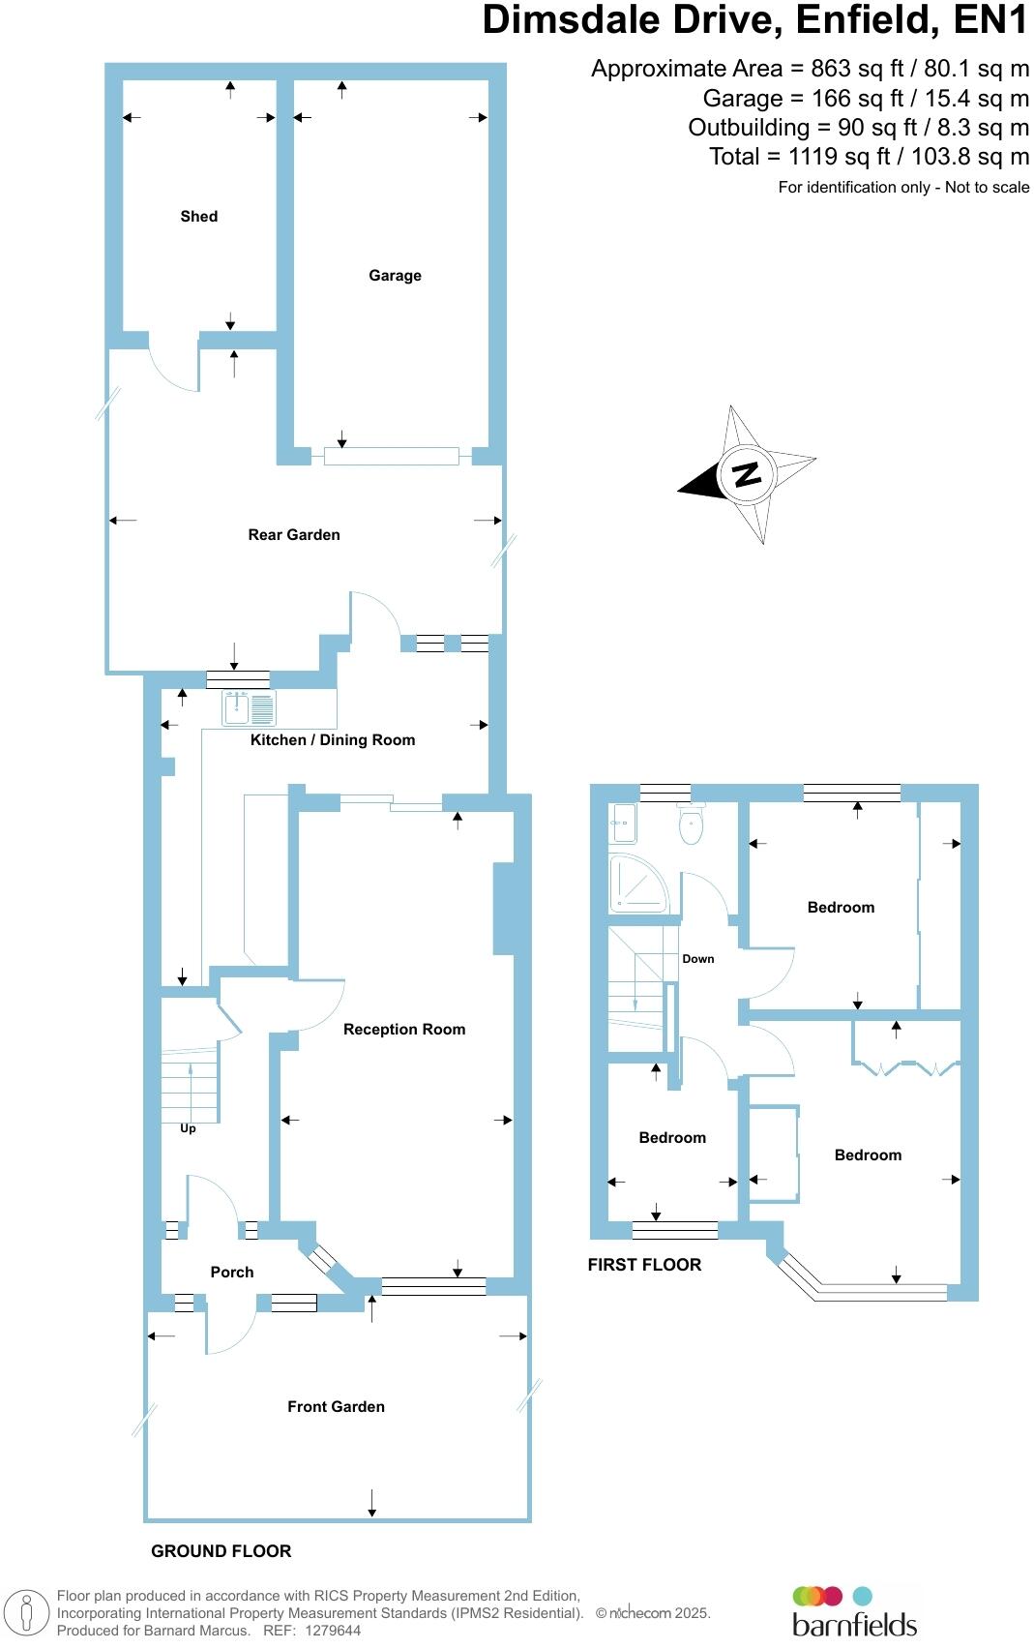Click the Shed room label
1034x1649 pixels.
(x=198, y=217)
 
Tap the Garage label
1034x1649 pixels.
(x=395, y=276)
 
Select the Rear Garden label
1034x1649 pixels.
(x=294, y=535)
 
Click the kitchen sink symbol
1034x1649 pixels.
(x=249, y=708)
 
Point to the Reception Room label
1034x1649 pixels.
(x=404, y=1030)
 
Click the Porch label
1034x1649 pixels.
(x=232, y=1273)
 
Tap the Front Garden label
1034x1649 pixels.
(x=336, y=1407)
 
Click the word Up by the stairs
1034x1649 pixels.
(x=188, y=1128)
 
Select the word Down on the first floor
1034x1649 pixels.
(x=698, y=959)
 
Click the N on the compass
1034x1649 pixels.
(x=746, y=475)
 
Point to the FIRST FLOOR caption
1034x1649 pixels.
(x=644, y=1265)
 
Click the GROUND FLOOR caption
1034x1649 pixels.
(x=221, y=1551)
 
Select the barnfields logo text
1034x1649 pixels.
(x=854, y=1624)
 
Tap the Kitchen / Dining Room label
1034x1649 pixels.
(x=333, y=740)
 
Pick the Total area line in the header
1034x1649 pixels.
(x=869, y=157)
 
